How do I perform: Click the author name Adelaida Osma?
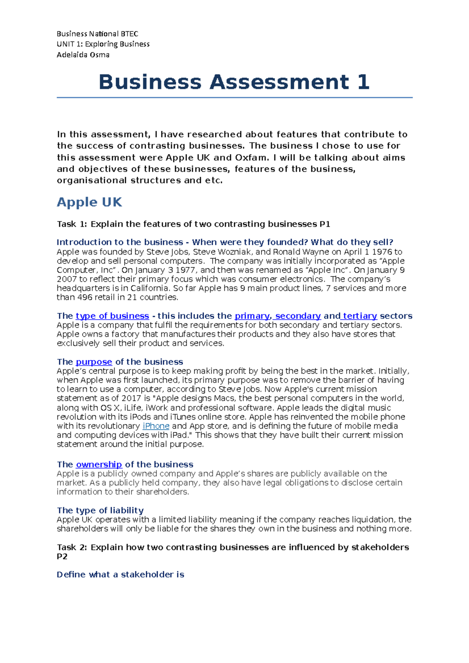pos(83,55)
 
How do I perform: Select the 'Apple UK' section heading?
pos(89,202)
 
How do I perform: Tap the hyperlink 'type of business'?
pos(112,316)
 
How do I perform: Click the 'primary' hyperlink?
pos(252,316)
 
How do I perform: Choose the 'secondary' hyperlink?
pos(298,316)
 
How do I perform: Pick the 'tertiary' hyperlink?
pos(360,316)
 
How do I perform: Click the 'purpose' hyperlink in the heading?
pos(94,362)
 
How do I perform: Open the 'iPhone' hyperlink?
pos(156,426)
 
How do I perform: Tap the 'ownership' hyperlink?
pos(99,465)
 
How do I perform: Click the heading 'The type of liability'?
pos(100,510)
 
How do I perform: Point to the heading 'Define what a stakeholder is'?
pos(120,574)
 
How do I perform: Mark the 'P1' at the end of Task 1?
pos(325,224)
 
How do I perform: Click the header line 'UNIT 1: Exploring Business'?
pos(103,44)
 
